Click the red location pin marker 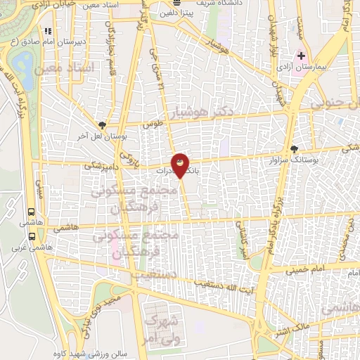pyautogui.click(x=180, y=164)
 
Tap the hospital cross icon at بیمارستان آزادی pyautogui.click(x=302, y=55)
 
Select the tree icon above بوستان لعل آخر pyautogui.click(x=103, y=124)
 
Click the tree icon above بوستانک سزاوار pyautogui.click(x=293, y=149)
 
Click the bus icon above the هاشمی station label pyautogui.click(x=31, y=211)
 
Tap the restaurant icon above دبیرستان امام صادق pyautogui.click(x=48, y=31)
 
